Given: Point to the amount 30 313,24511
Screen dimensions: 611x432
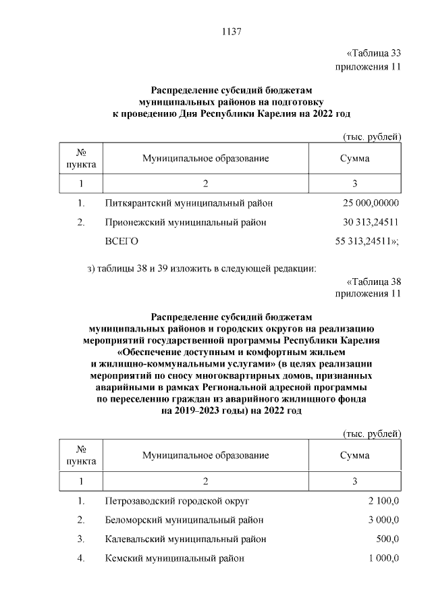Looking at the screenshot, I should tap(371, 221).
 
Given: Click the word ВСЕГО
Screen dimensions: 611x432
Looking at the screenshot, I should tap(122, 240).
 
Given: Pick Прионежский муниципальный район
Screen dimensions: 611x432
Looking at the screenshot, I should tap(186, 221).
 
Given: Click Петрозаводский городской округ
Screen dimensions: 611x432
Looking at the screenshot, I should tap(178, 501).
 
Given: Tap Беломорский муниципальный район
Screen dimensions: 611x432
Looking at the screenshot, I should tap(184, 520).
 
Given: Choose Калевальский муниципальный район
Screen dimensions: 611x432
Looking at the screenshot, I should tap(186, 539).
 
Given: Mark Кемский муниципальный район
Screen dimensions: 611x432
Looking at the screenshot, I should tap(174, 558).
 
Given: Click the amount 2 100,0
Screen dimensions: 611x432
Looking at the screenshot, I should tap(383, 501).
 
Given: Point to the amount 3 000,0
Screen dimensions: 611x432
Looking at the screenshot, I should tap(383, 520).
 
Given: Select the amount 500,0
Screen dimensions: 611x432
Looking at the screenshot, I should tap(387, 539).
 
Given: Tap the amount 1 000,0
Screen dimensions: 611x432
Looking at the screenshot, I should tap(383, 558).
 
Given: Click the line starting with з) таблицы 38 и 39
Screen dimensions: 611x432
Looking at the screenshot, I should tap(202, 269).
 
